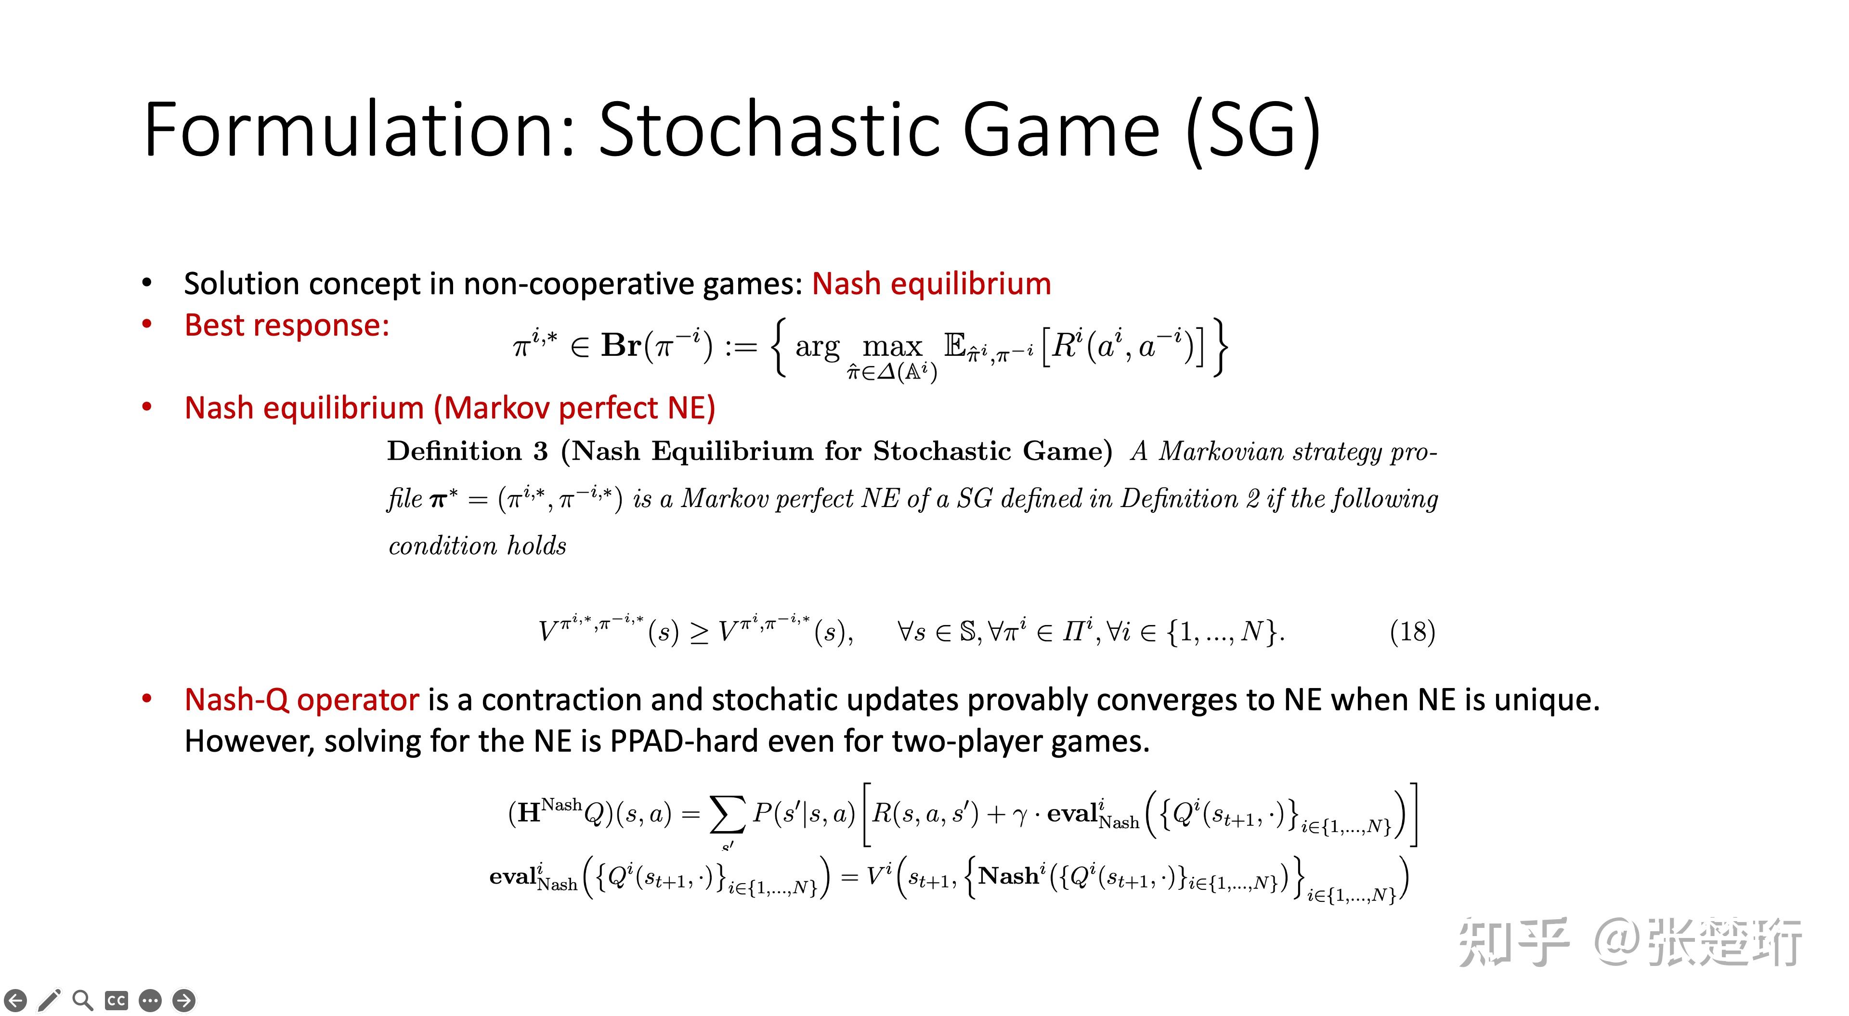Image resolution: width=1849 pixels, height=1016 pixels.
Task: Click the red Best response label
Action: pos(287,325)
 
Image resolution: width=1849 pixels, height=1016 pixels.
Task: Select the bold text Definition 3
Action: pos(467,451)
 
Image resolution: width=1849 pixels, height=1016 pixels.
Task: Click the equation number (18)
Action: pos(1412,632)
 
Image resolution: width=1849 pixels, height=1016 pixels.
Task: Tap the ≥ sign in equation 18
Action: pos(698,633)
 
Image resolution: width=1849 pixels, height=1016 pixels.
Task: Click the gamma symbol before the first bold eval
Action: pos(1020,816)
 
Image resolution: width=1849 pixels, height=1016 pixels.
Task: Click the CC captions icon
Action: pos(116,1000)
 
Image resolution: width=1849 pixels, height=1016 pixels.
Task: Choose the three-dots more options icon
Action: pos(150,1000)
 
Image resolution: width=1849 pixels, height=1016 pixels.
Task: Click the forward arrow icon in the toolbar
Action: pos(184,1000)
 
